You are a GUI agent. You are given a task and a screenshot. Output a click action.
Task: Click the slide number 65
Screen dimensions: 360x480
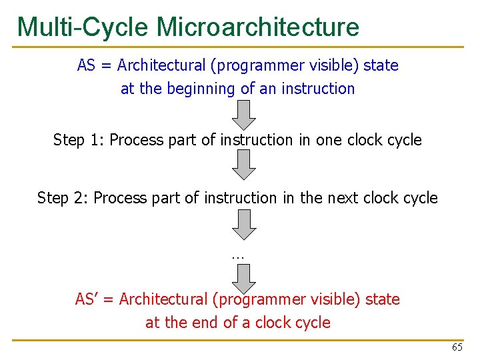point(457,347)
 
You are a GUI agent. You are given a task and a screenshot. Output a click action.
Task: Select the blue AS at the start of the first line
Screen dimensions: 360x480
point(87,65)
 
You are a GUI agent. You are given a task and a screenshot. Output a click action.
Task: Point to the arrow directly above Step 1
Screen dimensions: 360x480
point(245,115)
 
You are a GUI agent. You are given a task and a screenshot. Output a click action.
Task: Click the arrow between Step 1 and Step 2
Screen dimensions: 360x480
point(245,165)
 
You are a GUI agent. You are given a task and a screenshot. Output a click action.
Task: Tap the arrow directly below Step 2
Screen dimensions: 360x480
point(245,224)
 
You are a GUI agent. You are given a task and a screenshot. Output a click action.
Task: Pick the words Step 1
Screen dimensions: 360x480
point(78,140)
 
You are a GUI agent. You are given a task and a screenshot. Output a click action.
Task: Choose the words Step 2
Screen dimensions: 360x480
point(62,198)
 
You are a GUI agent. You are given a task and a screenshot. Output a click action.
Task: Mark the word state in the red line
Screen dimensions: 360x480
point(383,299)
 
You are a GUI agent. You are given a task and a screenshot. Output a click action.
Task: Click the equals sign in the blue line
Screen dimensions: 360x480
point(107,66)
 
